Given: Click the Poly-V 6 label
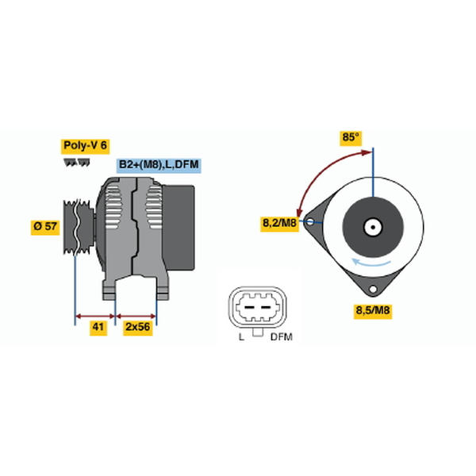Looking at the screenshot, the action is [86, 146].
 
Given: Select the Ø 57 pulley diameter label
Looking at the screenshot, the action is [45, 226].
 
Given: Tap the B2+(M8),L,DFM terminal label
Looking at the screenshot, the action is [159, 165].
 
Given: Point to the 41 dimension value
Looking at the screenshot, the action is [98, 327].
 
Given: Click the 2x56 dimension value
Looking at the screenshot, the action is [138, 327].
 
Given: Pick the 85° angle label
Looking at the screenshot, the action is [351, 137].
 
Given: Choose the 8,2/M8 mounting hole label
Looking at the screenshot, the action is [279, 224].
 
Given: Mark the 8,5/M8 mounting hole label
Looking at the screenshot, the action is [373, 311].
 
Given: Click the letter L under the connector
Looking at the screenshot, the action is [242, 337].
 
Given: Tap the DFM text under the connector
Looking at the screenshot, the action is [282, 337].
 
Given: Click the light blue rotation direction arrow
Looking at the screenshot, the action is [371, 263].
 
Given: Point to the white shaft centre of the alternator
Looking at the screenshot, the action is [373, 228].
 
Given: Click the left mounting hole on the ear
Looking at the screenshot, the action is [310, 221].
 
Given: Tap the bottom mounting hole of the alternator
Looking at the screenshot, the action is [373, 289].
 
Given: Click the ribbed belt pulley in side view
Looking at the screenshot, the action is [79, 227].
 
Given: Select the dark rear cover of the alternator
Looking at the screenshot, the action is [179, 228].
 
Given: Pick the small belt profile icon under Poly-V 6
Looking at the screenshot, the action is [77, 163].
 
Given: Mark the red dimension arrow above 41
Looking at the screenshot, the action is [95, 317].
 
